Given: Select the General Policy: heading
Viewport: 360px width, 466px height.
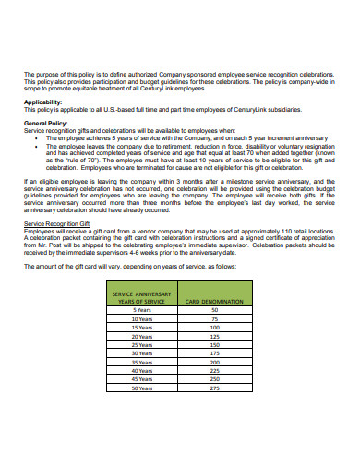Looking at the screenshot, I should (x=46, y=121).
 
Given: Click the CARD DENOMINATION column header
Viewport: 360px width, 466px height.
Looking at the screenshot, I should (x=214, y=301).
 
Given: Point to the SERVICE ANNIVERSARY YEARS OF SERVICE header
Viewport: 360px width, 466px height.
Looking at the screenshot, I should (x=142, y=297).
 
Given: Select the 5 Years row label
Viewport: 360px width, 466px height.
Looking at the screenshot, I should (x=142, y=310).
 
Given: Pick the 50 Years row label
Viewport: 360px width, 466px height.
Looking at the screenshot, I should (x=142, y=387).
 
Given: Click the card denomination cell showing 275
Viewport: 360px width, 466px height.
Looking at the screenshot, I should (x=214, y=387).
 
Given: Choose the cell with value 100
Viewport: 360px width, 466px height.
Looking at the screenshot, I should (x=214, y=327).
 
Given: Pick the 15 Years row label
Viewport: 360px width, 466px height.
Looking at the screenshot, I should (x=142, y=327).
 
